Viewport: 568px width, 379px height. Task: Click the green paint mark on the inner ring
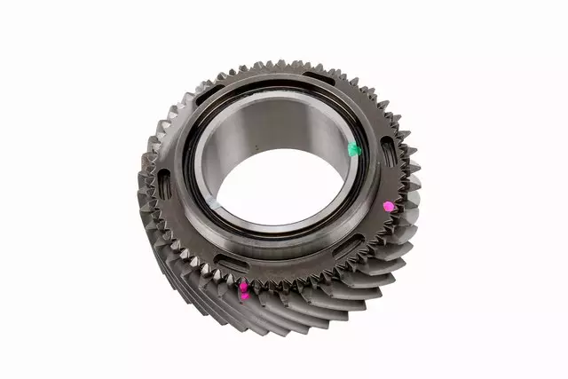[x=354, y=149]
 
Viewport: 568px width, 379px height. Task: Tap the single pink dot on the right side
[x=388, y=206]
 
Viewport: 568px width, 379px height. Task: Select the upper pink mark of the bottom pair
[x=242, y=286]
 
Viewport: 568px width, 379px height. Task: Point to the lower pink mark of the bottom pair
[x=245, y=296]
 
